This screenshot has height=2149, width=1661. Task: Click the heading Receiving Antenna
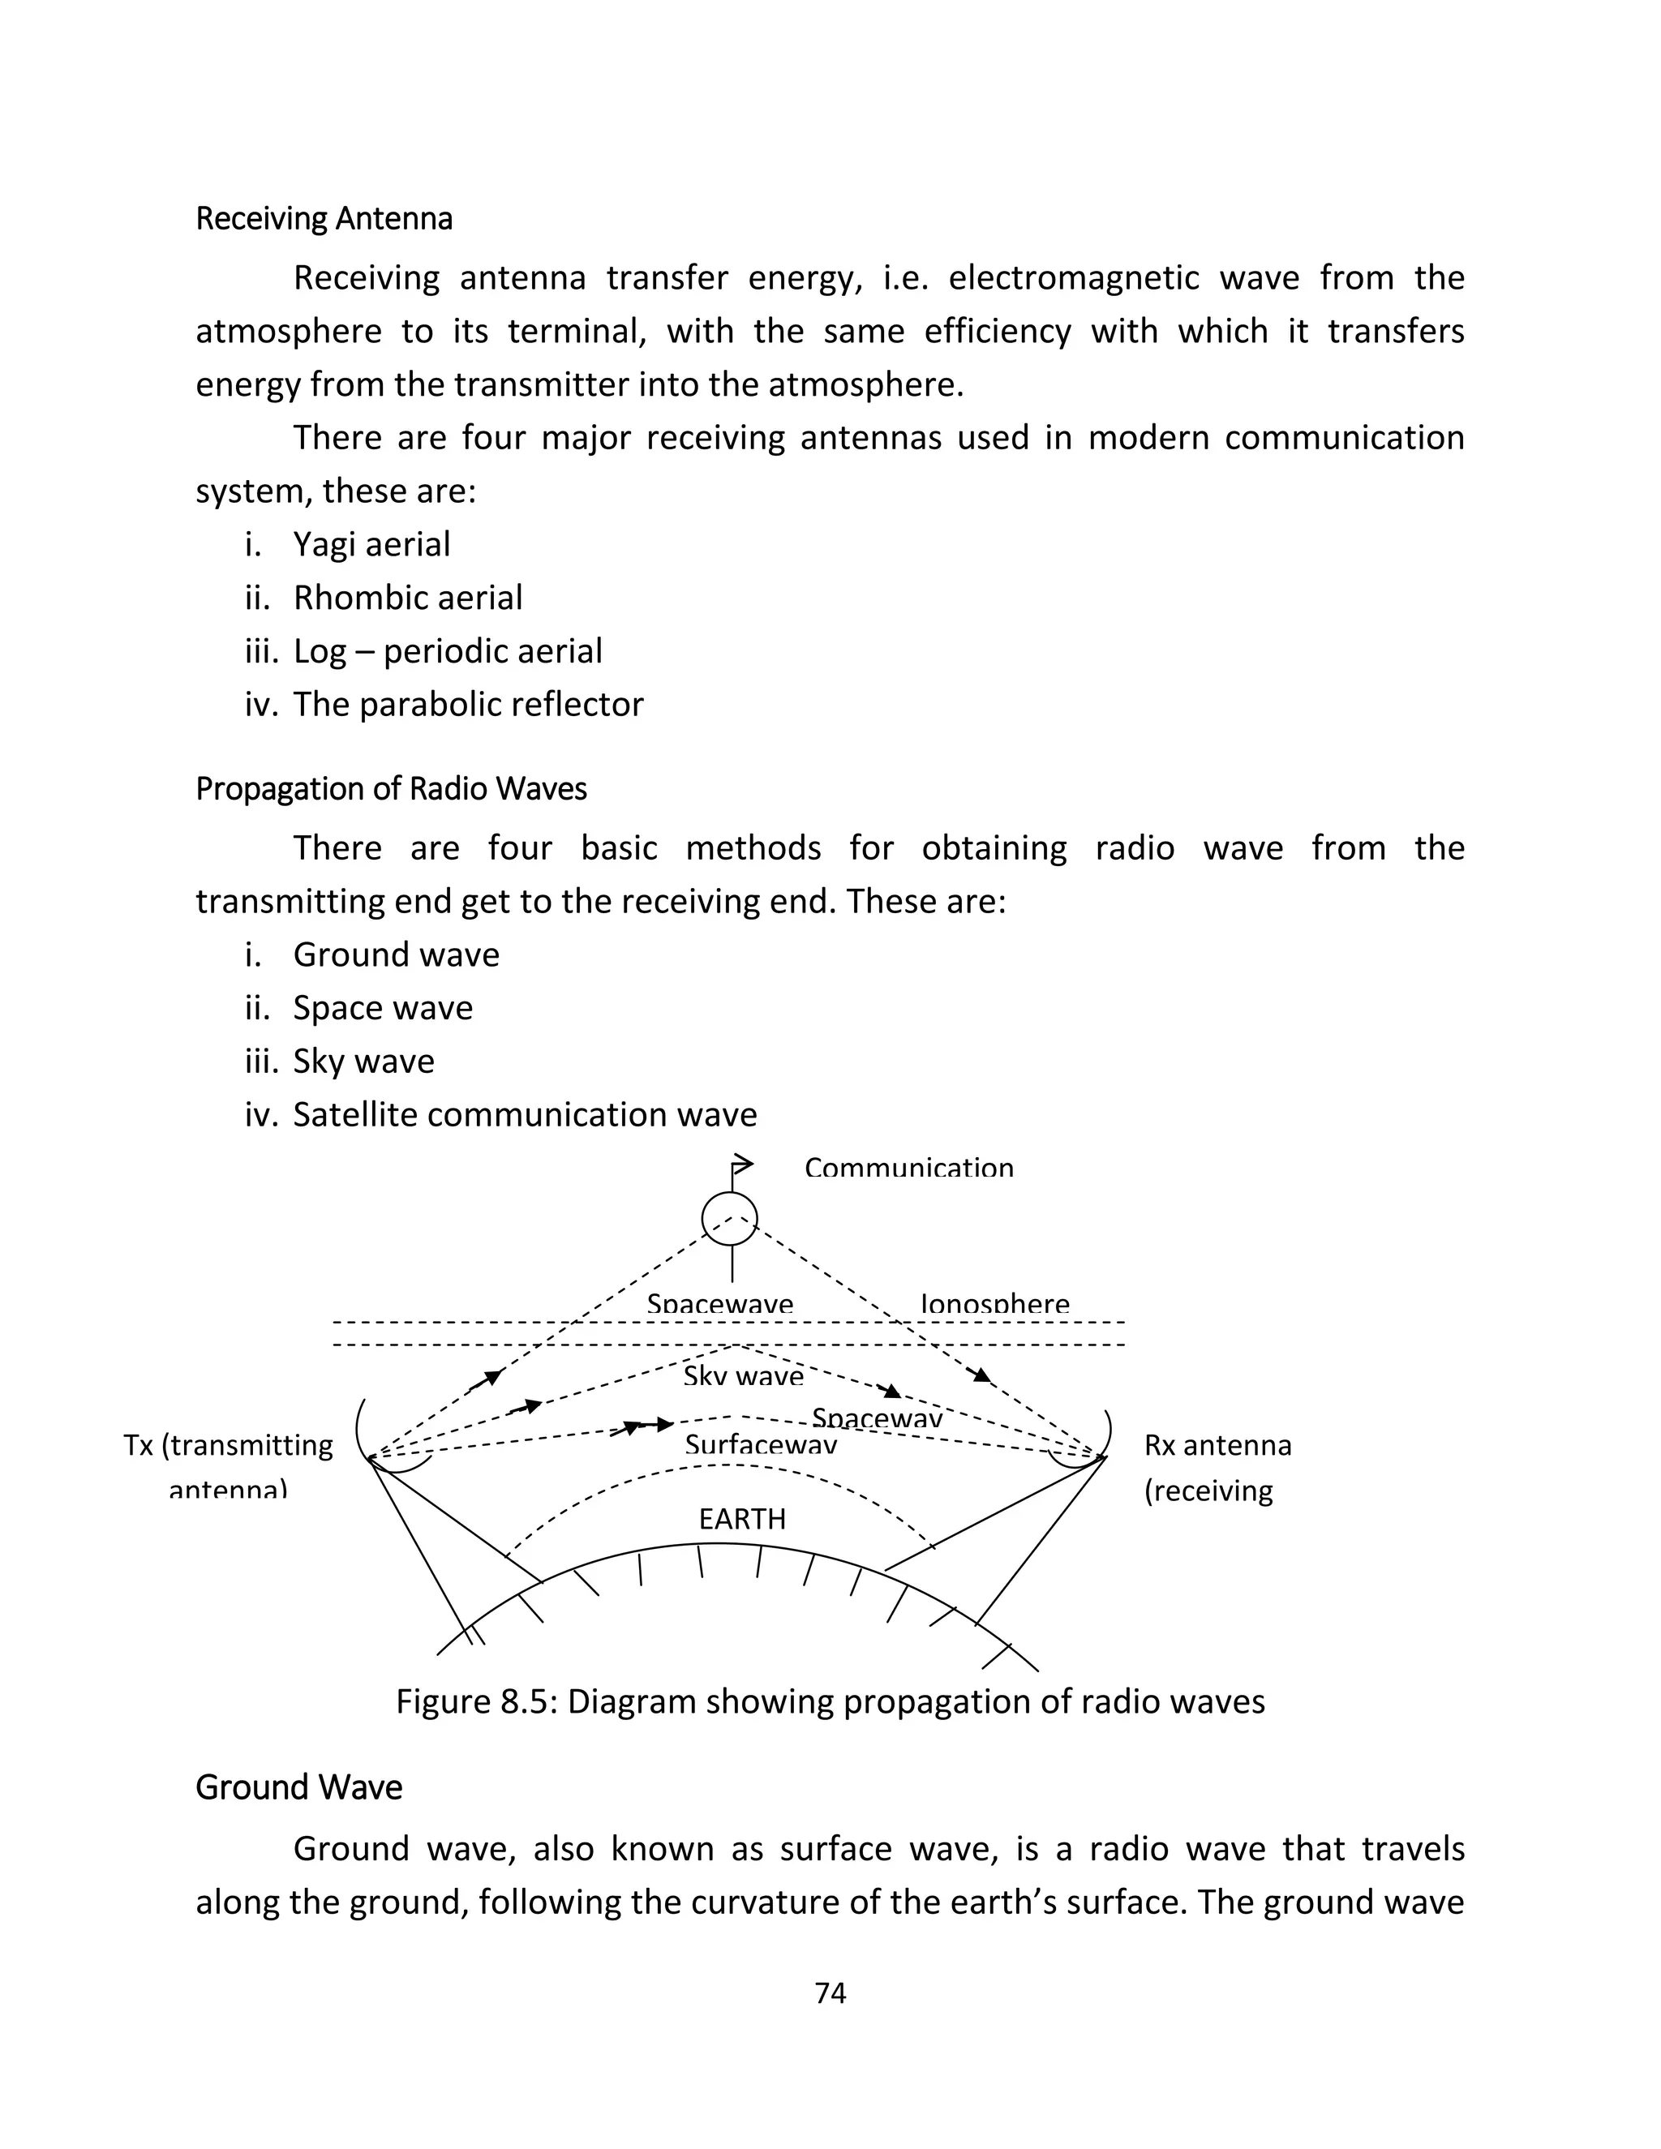click(324, 218)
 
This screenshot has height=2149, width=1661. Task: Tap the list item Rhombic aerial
click(407, 598)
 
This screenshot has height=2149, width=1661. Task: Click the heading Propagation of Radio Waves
click(391, 789)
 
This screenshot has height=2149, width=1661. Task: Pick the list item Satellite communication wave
click(525, 1114)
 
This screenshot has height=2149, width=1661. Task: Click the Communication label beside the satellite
click(908, 1169)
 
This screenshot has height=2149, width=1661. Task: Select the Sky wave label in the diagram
click(743, 1375)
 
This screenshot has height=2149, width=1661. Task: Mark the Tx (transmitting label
click(228, 1445)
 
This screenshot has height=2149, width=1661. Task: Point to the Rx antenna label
click(1217, 1445)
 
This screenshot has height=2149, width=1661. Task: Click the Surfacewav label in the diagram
click(761, 1444)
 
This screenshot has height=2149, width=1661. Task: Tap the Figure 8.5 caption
click(830, 1701)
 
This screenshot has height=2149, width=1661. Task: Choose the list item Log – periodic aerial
click(447, 651)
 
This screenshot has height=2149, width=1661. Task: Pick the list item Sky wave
click(363, 1061)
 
